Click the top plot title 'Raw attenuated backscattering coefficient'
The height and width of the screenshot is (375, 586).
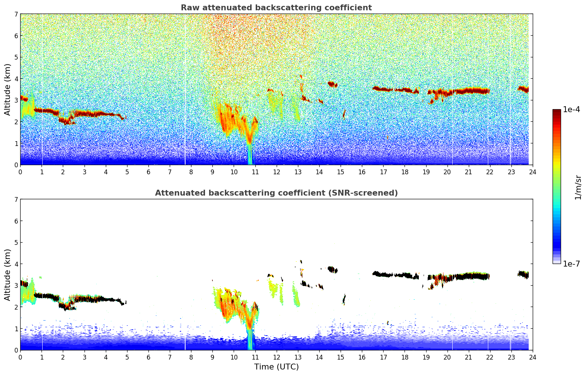pos(276,8)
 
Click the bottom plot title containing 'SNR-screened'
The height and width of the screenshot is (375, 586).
pos(276,193)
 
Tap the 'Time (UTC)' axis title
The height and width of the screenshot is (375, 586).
pos(276,367)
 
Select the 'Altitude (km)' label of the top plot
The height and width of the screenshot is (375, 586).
pos(7,89)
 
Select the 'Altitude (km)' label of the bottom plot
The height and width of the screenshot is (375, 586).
pos(7,275)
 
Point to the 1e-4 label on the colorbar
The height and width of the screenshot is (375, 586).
pos(571,110)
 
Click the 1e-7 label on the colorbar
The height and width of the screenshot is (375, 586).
pos(571,264)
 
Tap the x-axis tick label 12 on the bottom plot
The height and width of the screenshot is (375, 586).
pos(276,357)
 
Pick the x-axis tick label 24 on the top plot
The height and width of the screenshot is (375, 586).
pos(532,172)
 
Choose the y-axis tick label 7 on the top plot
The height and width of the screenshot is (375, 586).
pos(16,14)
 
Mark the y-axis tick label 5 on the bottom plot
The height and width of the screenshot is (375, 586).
pos(16,243)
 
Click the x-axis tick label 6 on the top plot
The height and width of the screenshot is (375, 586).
pos(148,172)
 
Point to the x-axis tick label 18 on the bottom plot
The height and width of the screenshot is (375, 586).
pos(405,357)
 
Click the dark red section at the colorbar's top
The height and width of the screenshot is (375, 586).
pos(556,112)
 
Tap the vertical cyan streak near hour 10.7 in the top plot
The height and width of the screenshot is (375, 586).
pos(250,154)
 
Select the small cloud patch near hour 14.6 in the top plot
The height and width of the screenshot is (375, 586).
pos(332,84)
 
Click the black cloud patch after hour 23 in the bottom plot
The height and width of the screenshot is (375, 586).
pos(523,274)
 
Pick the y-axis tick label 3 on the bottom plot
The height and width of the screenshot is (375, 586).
pos(16,286)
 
